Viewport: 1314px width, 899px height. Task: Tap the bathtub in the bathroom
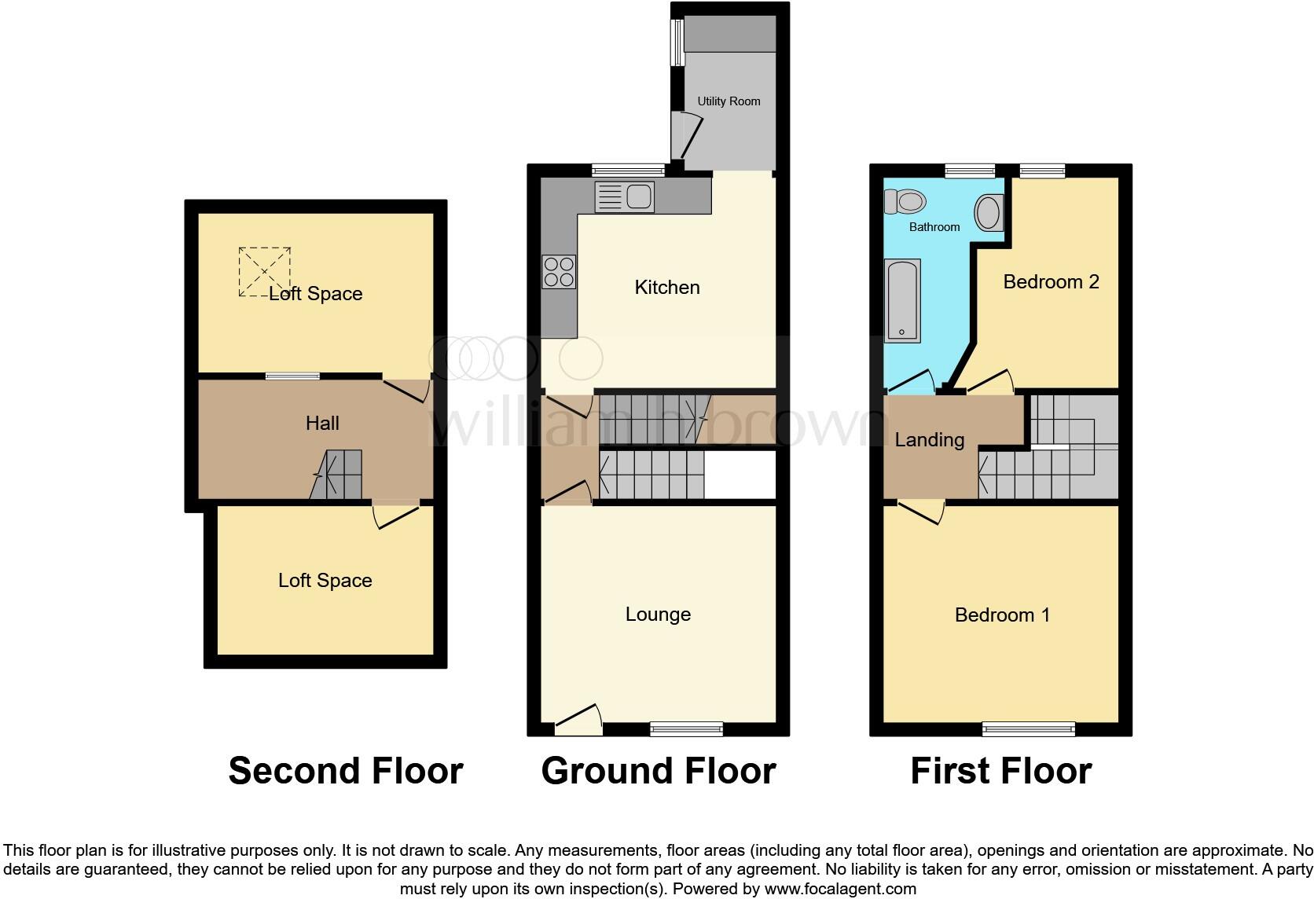(x=902, y=302)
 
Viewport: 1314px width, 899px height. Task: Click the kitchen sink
(x=624, y=196)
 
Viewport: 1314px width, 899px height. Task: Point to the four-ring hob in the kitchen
(x=559, y=272)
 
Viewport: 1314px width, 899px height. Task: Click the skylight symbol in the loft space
(x=265, y=272)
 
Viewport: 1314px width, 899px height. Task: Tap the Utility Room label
(x=729, y=101)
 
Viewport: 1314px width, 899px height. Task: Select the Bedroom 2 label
(x=1051, y=282)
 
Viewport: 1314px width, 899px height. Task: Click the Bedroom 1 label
(x=1002, y=615)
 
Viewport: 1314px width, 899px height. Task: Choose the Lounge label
(x=658, y=615)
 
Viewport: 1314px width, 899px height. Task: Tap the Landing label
(x=929, y=440)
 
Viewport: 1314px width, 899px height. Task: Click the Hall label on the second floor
(x=322, y=424)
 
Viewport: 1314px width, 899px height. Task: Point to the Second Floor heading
(x=345, y=771)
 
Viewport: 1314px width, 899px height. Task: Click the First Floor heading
(x=1000, y=771)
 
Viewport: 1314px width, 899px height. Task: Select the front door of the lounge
(x=579, y=720)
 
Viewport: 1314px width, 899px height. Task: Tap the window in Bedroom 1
(x=1028, y=729)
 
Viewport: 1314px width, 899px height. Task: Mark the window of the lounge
(x=686, y=729)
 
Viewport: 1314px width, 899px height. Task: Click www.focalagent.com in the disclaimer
(x=839, y=890)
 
